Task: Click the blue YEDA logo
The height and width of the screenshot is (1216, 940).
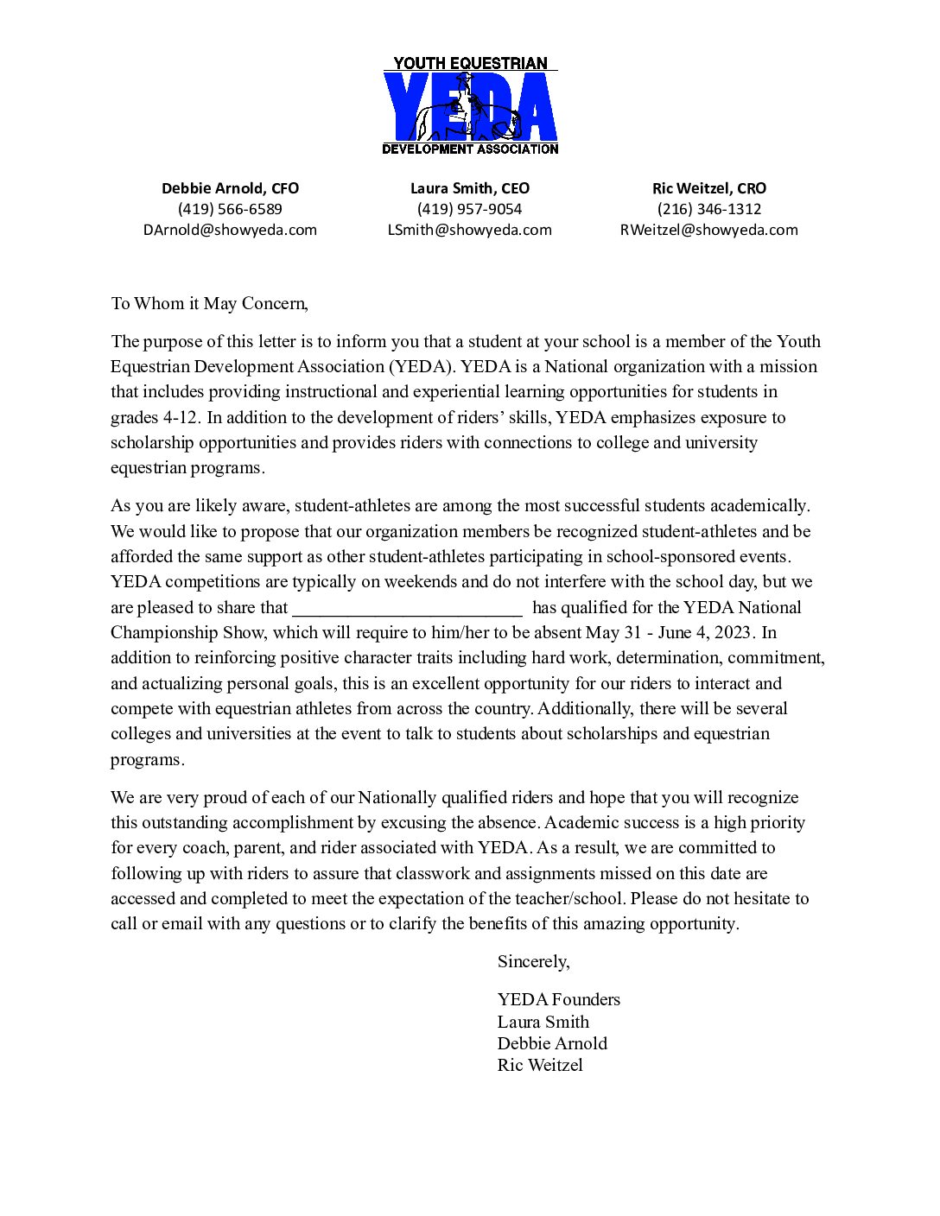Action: coord(470,106)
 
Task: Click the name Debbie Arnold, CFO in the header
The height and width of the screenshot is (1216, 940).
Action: coord(230,188)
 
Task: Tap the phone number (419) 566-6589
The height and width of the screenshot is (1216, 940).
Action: coord(230,209)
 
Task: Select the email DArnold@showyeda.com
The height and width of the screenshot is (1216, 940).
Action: coord(230,230)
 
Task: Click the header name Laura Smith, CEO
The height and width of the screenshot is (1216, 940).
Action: coord(470,188)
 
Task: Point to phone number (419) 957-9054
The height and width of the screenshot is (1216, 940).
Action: coord(470,209)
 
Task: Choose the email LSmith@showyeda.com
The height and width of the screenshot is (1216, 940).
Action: coord(470,230)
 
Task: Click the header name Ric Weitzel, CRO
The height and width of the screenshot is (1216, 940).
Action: coord(709,188)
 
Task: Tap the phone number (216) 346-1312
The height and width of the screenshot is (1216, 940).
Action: coord(709,209)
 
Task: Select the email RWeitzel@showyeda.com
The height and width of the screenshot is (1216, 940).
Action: coord(709,230)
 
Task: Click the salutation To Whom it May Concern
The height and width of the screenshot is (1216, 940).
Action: coord(209,303)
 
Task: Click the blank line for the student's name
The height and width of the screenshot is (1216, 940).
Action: coord(408,608)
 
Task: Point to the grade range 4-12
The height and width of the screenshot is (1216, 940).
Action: coord(180,417)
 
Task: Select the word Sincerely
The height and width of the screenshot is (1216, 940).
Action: coord(533,961)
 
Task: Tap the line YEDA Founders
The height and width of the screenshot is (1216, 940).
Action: coord(558,999)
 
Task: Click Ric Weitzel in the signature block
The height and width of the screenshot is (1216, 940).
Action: coord(540,1065)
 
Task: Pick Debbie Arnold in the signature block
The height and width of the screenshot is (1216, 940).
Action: coord(552,1043)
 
